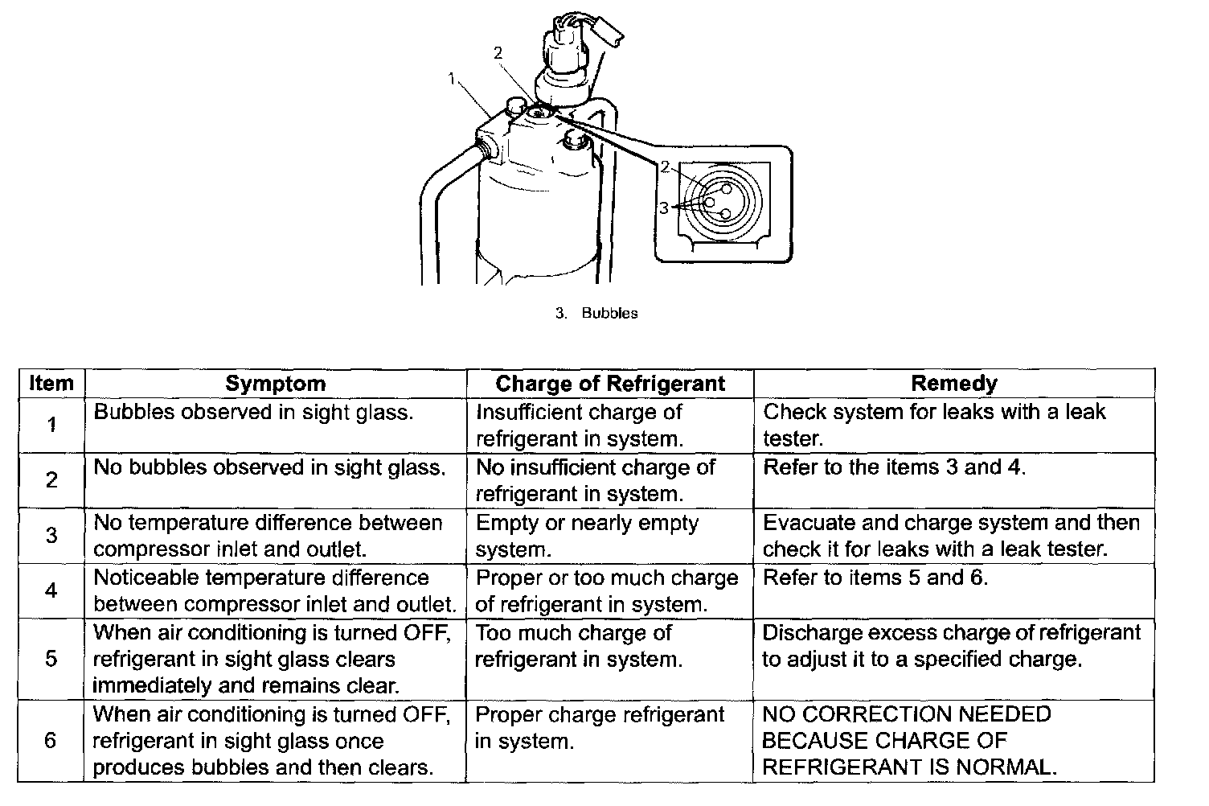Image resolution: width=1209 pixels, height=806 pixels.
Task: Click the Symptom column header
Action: tap(275, 384)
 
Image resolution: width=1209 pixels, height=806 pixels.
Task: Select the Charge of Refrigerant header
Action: tap(610, 384)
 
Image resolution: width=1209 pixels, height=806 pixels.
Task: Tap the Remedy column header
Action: tap(953, 384)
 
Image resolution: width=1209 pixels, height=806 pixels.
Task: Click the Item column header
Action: tap(51, 384)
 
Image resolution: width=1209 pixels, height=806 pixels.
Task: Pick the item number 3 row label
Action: tap(51, 536)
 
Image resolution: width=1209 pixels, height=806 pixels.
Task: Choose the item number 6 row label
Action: tap(51, 740)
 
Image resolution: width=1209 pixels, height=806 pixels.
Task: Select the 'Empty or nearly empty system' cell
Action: tap(588, 536)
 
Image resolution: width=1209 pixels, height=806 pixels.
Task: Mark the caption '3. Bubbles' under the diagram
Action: tap(596, 314)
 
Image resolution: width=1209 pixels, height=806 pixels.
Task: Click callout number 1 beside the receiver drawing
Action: tap(453, 78)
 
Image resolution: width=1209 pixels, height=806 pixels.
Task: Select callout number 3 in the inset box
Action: tap(664, 208)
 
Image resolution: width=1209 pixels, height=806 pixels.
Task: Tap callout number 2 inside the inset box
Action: tap(665, 167)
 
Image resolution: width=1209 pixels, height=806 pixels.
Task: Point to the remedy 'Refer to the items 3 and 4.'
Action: tap(894, 467)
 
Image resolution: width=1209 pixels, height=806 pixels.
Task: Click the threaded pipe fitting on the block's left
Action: tap(484, 148)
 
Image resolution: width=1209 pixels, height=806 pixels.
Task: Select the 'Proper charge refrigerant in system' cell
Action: tap(600, 727)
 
